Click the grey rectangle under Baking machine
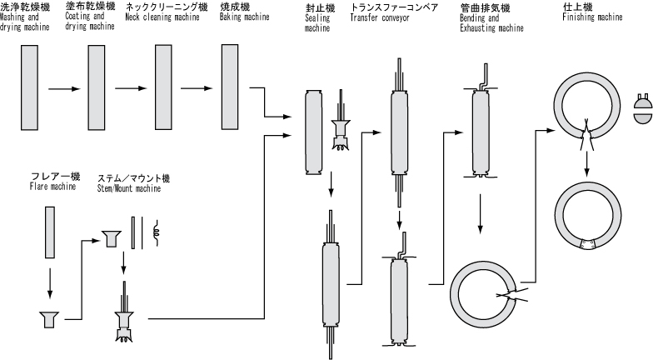click(x=231, y=86)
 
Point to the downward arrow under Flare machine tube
click(x=50, y=283)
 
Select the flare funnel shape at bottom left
click(x=50, y=317)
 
